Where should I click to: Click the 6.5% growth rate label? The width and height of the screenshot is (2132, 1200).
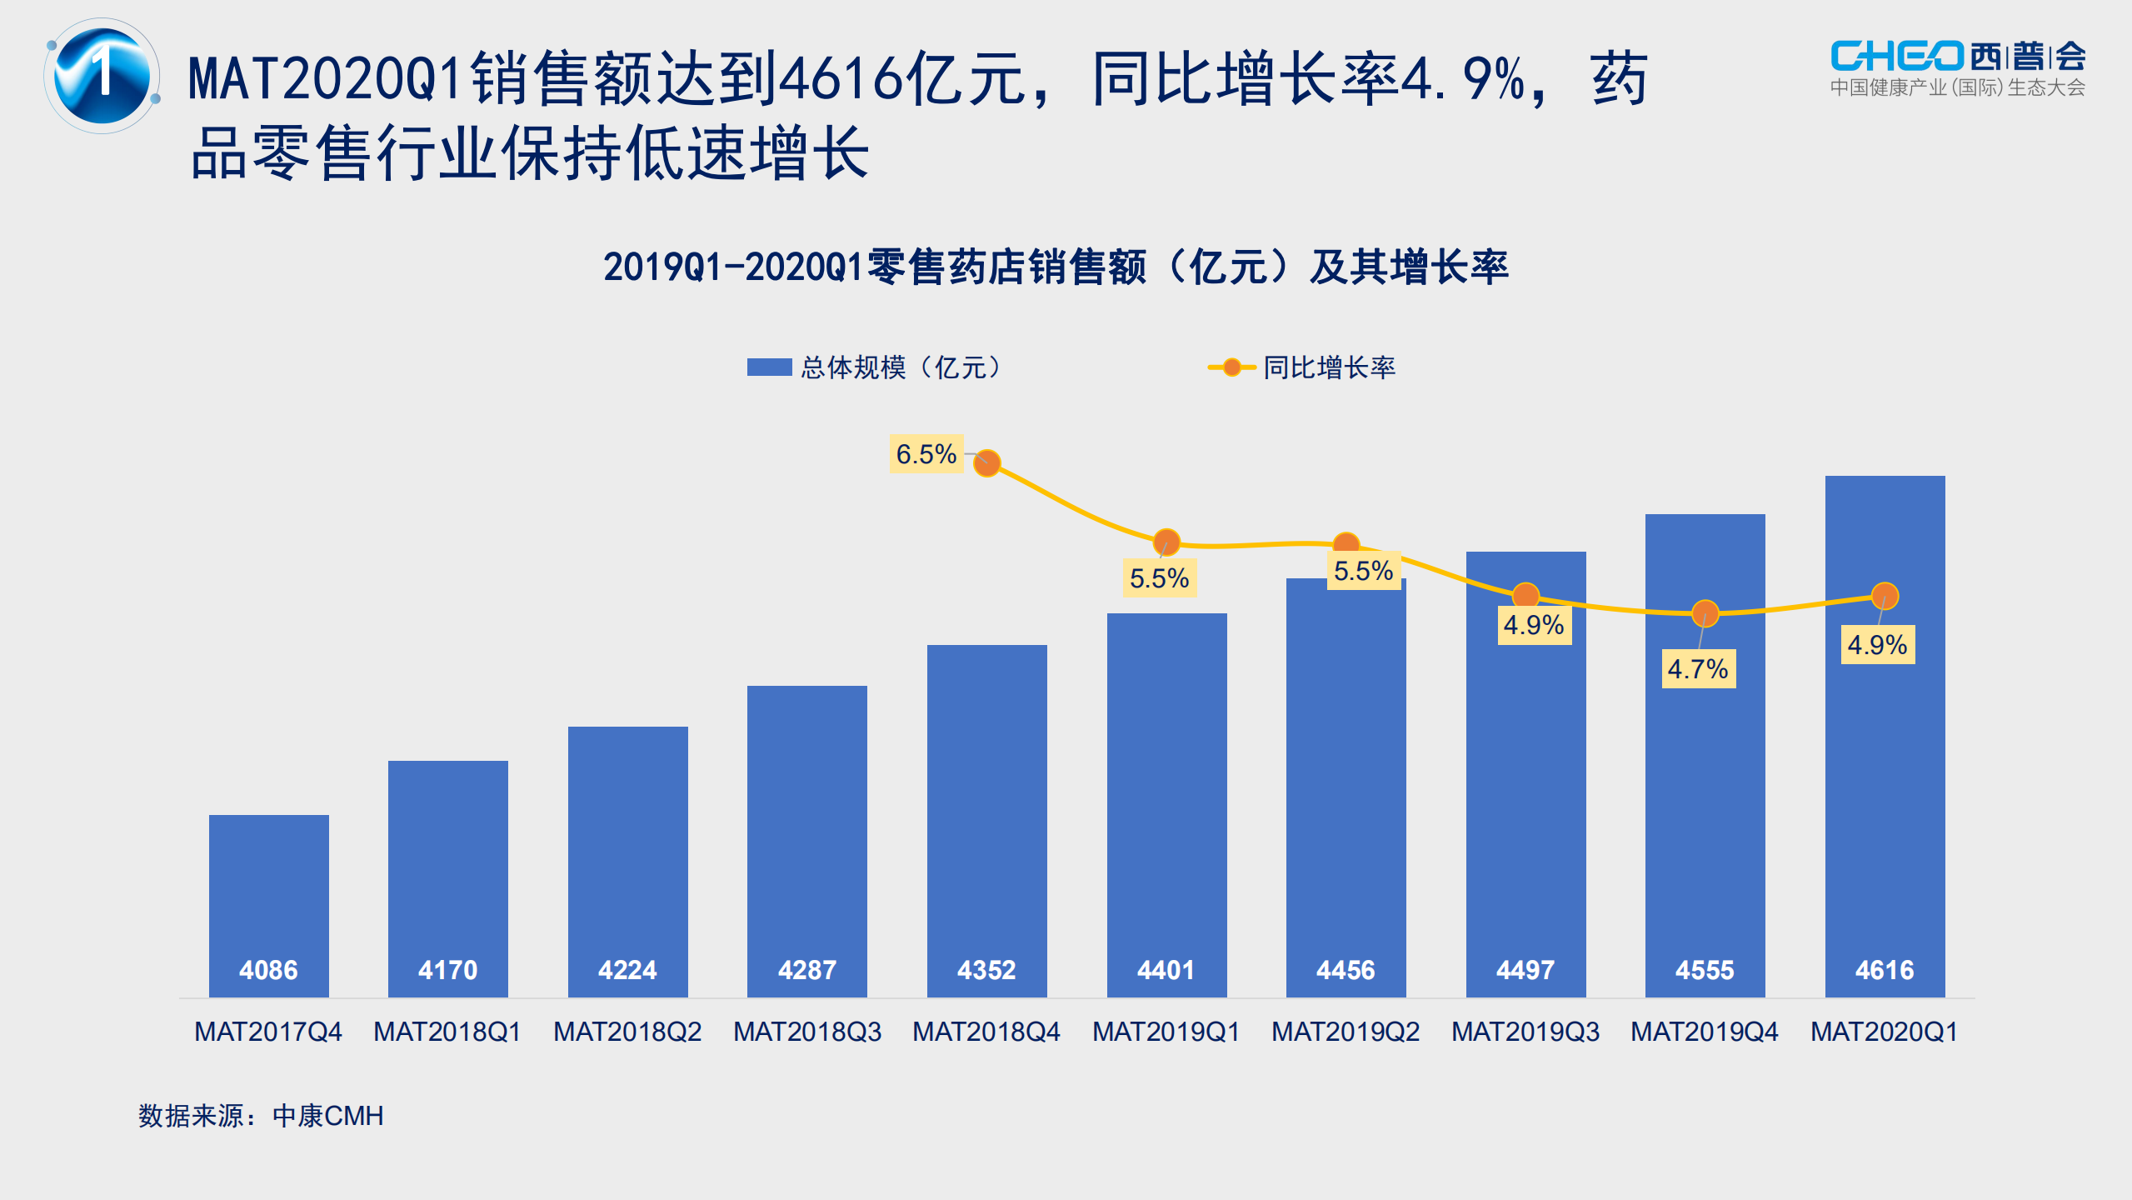pyautogui.click(x=926, y=454)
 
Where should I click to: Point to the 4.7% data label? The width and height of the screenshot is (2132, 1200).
pyautogui.click(x=1698, y=669)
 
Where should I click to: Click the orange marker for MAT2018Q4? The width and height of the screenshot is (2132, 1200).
pyautogui.click(x=987, y=462)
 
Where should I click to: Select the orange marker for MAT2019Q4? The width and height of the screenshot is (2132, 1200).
pyautogui.click(x=1705, y=613)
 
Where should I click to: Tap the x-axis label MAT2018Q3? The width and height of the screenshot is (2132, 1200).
pyautogui.click(x=806, y=1032)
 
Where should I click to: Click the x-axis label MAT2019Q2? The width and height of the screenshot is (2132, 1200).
pyautogui.click(x=1346, y=1032)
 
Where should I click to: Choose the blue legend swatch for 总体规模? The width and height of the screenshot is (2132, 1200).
pyautogui.click(x=768, y=367)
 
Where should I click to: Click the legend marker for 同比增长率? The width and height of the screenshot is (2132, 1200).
pyautogui.click(x=1231, y=367)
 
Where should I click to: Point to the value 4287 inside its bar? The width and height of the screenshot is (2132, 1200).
pyautogui.click(x=806, y=970)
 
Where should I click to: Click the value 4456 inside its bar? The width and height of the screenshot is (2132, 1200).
pyautogui.click(x=1346, y=970)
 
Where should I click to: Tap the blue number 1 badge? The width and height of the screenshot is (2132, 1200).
pyautogui.click(x=102, y=76)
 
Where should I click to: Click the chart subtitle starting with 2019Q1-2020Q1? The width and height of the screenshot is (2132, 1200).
pyautogui.click(x=1056, y=267)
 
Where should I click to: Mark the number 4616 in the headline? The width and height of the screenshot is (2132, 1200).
pyautogui.click(x=841, y=78)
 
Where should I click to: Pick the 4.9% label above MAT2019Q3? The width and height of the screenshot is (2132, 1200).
pyautogui.click(x=1533, y=625)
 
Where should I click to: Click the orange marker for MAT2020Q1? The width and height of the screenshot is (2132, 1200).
pyautogui.click(x=1885, y=596)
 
